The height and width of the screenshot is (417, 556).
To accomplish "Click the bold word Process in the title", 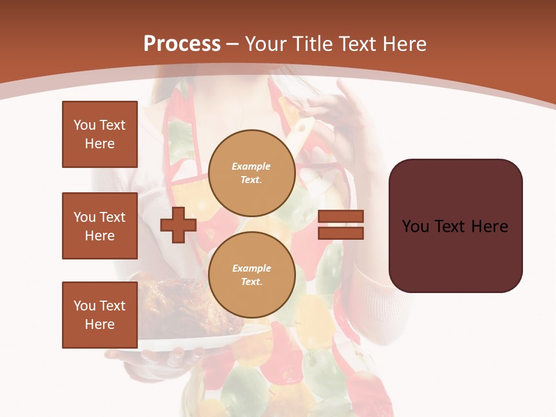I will pos(182,44).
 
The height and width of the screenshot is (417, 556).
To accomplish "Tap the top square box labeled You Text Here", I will pos(100,134).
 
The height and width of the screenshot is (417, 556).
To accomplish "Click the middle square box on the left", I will pos(100,226).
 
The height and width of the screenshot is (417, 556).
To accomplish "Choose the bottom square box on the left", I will pos(100,315).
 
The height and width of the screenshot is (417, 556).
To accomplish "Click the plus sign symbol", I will pos(178,225).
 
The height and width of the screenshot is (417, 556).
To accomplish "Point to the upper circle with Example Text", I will pos(251,173).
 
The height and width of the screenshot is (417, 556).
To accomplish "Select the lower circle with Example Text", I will pos(251,275).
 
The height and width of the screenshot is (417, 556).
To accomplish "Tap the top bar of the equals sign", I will pos(341,217).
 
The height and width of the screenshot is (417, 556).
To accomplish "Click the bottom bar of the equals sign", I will pos(341,233).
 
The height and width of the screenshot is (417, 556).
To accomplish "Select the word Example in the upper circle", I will pos(251,166).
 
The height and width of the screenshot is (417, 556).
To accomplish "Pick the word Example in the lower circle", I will pos(251,268).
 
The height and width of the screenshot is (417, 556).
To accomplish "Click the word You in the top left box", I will pos(85,125).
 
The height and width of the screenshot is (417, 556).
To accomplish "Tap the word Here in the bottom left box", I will pos(100,325).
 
